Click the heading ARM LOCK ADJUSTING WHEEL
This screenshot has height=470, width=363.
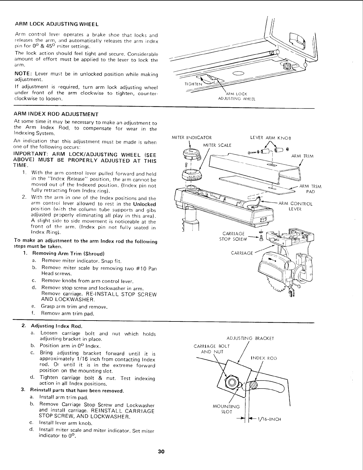click(56, 23)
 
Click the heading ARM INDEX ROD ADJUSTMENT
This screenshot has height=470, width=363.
click(56, 114)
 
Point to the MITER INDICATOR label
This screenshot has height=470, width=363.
click(192, 138)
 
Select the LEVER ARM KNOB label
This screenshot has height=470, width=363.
click(271, 138)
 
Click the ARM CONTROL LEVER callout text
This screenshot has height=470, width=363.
click(295, 206)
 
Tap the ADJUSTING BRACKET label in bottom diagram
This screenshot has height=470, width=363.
click(250, 338)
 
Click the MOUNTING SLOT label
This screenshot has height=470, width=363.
click(226, 409)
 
